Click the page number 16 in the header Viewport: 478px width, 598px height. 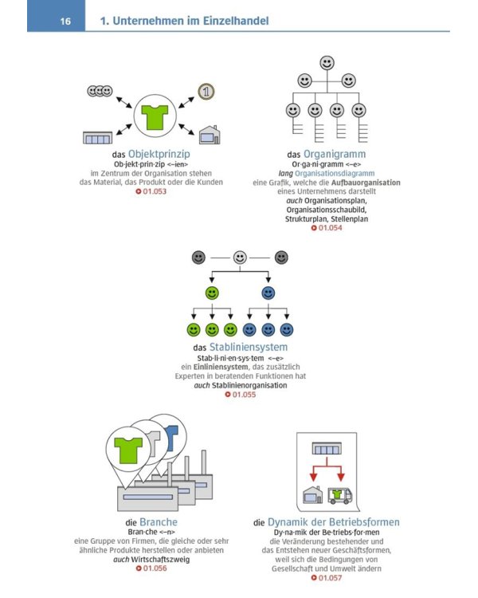pyautogui.click(x=65, y=21)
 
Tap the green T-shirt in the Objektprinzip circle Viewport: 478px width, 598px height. pyautogui.click(x=155, y=116)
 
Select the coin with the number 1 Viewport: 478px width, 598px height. pyautogui.click(x=206, y=92)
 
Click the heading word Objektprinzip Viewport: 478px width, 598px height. pyautogui.click(x=159, y=154)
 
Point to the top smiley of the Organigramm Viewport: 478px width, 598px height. pyautogui.click(x=327, y=63)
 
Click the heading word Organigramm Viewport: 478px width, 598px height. pyautogui.click(x=335, y=154)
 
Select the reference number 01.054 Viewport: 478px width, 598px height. pyautogui.click(x=331, y=228)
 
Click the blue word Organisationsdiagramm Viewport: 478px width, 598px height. pyautogui.click(x=335, y=173)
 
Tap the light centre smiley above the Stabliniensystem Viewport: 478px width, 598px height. pyautogui.click(x=240, y=258)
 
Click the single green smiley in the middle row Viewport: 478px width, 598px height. pyautogui.click(x=212, y=293)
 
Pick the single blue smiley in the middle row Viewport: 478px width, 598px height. pyautogui.click(x=268, y=293)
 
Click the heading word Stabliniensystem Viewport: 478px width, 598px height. pyautogui.click(x=249, y=347)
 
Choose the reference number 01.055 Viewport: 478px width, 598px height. pyautogui.click(x=245, y=395)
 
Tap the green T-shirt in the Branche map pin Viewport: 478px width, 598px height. pyautogui.click(x=128, y=450)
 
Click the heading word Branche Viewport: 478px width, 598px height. pyautogui.click(x=159, y=522)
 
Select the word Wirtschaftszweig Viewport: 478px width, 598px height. pyautogui.click(x=160, y=560)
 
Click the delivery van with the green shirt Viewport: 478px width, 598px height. pyautogui.click(x=340, y=495)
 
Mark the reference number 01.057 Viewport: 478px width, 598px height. pyautogui.click(x=331, y=578)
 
